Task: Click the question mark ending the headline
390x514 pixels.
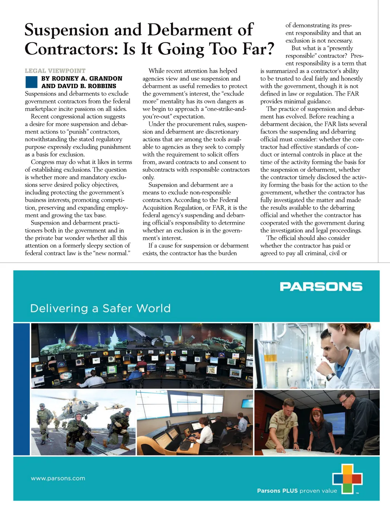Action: point(269,49)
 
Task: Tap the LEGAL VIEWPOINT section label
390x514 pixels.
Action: point(55,71)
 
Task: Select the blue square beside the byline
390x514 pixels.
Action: point(31,82)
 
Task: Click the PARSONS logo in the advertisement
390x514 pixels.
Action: point(321,287)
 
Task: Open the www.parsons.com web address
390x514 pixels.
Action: point(58,478)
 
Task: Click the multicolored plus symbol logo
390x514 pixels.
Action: point(347,479)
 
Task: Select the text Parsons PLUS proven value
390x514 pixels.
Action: point(297,491)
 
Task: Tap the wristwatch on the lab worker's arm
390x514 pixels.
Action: point(330,377)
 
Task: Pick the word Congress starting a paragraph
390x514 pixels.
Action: point(43,162)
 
